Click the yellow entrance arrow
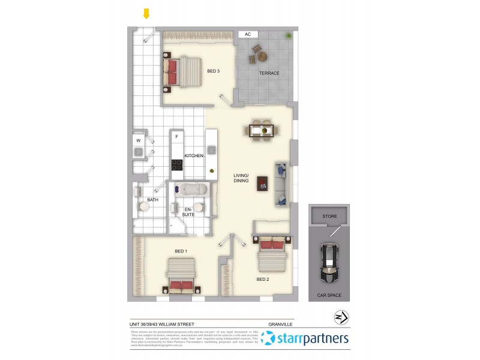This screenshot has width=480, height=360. [146, 13]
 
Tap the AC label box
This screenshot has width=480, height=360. [247, 35]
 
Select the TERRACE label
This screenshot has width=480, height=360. [269, 73]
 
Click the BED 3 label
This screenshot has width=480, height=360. [213, 71]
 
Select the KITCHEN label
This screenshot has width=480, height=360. [194, 156]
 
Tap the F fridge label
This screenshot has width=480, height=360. [176, 137]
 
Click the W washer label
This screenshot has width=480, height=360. [138, 141]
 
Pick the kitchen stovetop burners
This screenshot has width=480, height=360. [177, 164]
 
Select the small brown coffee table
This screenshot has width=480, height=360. [262, 184]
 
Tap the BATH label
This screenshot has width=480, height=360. [153, 200]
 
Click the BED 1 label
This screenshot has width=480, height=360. [181, 251]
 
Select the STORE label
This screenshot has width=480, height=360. [329, 216]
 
